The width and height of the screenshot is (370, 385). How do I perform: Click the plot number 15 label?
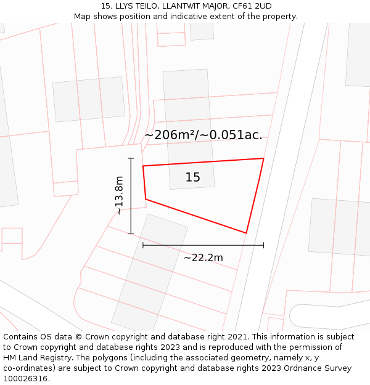[x=192, y=177]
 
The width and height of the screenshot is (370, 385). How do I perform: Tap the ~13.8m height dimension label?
[x=118, y=196]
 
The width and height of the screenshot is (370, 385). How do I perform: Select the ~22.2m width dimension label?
[x=203, y=257]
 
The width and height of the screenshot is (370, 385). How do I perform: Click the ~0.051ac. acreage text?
[x=236, y=135]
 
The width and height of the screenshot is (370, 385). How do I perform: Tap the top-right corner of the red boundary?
[x=263, y=158]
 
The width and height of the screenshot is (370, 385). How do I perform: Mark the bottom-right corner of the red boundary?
[x=246, y=233]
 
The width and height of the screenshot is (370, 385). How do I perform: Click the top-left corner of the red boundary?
[x=143, y=166]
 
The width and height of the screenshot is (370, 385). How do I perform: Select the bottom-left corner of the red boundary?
[x=146, y=199]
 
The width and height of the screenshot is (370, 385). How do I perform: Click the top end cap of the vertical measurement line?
[x=131, y=158]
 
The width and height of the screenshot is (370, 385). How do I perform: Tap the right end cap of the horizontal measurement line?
[x=263, y=245]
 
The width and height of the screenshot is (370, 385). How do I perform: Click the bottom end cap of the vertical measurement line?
[x=131, y=233]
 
